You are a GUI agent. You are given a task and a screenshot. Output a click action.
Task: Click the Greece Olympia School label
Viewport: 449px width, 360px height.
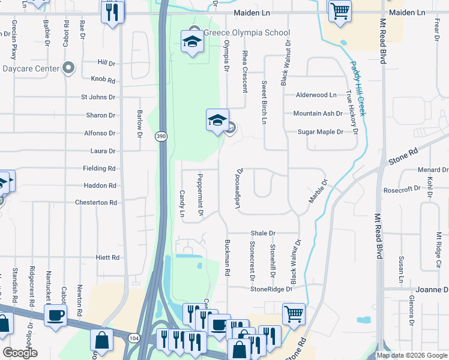[247, 32]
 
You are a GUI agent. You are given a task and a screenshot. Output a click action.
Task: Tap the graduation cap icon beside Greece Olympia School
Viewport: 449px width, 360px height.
[191, 41]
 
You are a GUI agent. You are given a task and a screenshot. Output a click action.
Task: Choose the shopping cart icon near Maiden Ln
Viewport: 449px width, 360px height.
[340, 10]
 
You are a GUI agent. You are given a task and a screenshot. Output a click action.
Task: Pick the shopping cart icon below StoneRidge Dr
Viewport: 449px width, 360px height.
[294, 313]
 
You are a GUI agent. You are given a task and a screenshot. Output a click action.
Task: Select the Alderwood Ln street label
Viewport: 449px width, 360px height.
[316, 95]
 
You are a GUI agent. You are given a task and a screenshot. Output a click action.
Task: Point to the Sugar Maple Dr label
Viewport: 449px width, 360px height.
[321, 131]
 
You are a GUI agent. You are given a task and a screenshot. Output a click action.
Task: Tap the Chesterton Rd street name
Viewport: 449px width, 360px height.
[96, 203]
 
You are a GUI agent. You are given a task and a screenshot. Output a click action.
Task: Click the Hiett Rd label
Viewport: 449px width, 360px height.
[107, 257]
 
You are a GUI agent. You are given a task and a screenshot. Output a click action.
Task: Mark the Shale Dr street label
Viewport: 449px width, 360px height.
[263, 233]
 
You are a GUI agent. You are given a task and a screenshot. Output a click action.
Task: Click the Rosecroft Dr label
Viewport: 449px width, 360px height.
[402, 188]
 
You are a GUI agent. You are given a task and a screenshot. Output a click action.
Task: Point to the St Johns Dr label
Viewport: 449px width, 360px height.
[98, 97]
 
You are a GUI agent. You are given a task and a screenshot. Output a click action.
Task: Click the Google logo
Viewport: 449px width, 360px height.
[20, 353]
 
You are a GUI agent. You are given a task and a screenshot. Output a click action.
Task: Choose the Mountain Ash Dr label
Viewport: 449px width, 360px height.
[318, 113]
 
